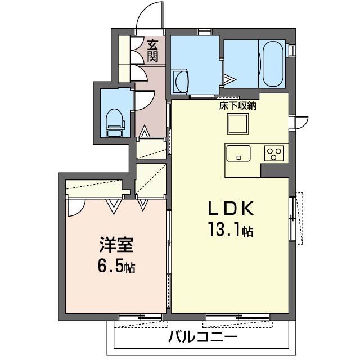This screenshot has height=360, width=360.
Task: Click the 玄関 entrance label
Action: coord(153,50)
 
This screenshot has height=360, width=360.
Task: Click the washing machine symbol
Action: coord(182,81)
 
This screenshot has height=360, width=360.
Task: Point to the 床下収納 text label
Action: coord(238,105)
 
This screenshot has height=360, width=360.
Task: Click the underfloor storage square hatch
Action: coord(238,123)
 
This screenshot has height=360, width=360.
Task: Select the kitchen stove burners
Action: coord(275,154)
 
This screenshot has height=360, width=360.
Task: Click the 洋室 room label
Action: coord(117,246)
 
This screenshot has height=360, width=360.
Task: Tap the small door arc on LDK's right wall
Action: coord(300,121)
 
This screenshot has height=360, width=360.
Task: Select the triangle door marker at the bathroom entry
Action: coord(229,79)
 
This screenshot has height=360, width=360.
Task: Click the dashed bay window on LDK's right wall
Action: coord(299,218)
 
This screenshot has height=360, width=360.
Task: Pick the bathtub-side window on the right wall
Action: coord(292,51)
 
